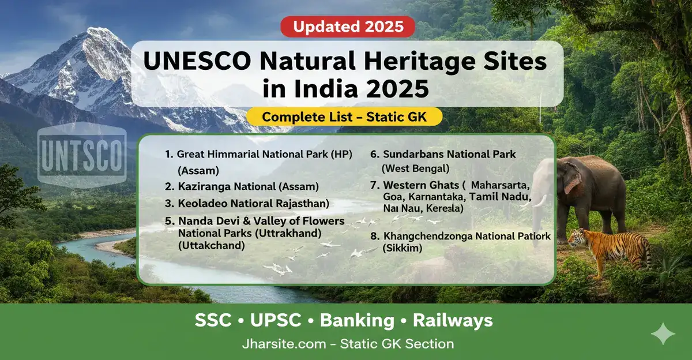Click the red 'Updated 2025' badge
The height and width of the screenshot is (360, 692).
click(347, 27)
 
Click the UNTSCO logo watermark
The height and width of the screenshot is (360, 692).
click(81, 155)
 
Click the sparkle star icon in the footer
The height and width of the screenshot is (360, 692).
click(661, 334)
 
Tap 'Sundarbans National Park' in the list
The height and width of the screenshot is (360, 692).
click(443, 155)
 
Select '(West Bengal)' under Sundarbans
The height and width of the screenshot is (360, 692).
click(415, 168)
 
